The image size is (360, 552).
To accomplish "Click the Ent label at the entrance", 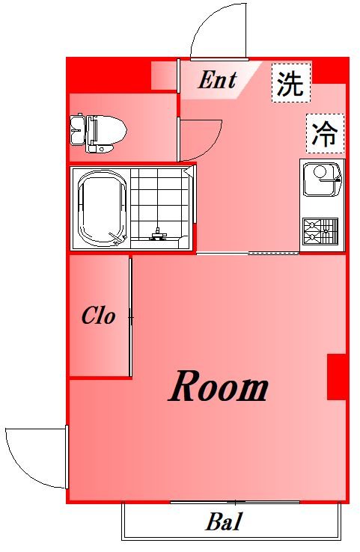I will [217, 80].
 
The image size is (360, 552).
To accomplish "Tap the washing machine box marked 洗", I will [290, 83].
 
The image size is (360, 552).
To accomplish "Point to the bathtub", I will [101, 210].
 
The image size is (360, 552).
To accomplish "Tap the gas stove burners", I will [320, 233].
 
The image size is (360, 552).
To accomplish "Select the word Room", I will [219, 388].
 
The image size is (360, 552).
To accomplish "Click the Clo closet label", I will [99, 316].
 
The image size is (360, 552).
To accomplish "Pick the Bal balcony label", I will [225, 522].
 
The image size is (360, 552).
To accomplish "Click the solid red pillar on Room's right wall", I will [336, 377].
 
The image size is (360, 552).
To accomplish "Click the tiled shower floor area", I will [159, 202].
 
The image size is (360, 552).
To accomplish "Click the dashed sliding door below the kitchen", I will [273, 254].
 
